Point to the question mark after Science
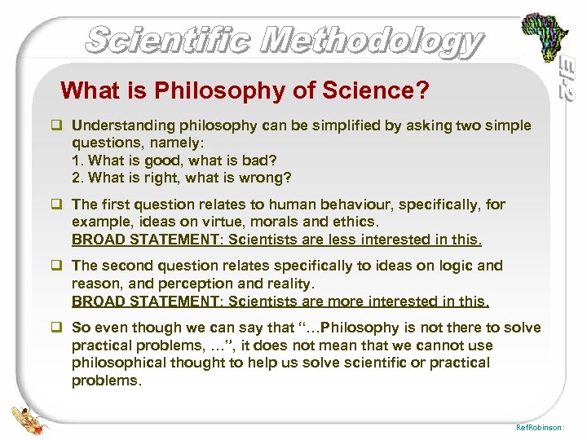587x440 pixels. [x=421, y=90]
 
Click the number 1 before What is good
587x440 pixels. [x=77, y=161]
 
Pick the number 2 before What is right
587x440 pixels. [x=77, y=178]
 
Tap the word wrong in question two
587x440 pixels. [x=270, y=178]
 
